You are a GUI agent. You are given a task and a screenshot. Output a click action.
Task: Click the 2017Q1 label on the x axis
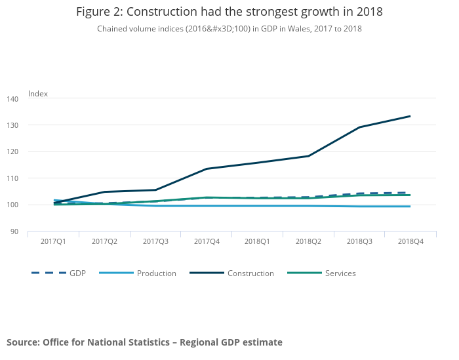52,241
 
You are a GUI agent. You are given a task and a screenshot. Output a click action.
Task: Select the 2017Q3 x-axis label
155,241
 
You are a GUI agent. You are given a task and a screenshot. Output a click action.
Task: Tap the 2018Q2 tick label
308,241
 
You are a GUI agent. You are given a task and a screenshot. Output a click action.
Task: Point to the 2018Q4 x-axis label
410,241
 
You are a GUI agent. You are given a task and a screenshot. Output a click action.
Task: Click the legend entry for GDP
77,273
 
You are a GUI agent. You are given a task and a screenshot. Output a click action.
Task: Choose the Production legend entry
156,273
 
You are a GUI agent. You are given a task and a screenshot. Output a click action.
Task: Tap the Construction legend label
250,273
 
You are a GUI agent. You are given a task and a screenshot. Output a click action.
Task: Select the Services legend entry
340,273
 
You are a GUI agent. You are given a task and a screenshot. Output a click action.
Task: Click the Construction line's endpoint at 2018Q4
410,116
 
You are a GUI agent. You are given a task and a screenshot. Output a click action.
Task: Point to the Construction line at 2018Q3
359,127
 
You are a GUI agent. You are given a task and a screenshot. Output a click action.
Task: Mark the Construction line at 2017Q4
207,169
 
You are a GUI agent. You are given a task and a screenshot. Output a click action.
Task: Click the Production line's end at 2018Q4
410,207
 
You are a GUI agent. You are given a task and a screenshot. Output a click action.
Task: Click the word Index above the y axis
38,94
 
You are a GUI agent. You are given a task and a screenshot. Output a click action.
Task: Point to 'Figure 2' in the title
97,12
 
